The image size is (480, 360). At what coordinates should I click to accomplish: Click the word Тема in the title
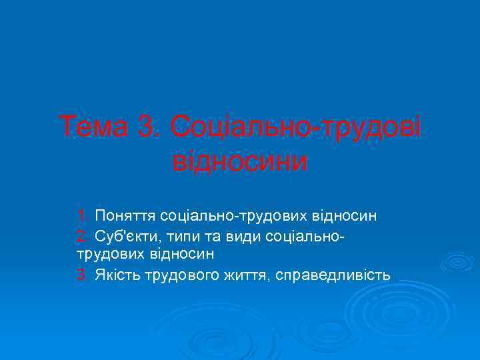click(x=93, y=127)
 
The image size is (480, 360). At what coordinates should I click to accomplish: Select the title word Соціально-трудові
click(x=296, y=127)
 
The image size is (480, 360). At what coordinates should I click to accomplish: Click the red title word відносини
click(x=240, y=161)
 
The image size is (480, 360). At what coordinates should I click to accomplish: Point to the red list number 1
click(x=81, y=216)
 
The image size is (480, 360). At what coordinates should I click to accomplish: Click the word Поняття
click(x=125, y=216)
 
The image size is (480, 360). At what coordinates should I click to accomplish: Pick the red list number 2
click(x=81, y=236)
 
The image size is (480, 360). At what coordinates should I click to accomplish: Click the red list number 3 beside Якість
click(x=81, y=274)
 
